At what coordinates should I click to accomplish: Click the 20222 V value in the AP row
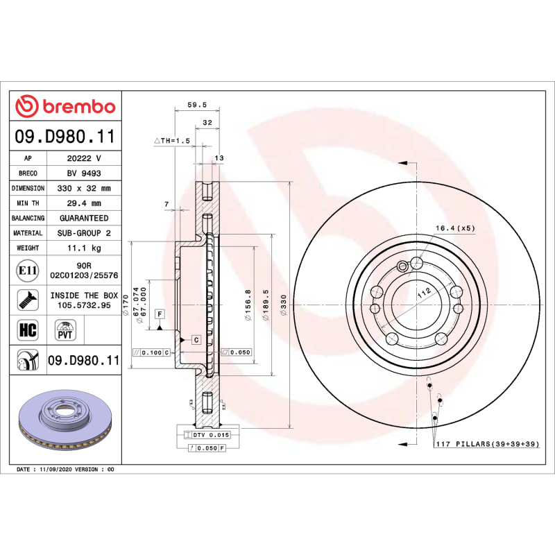pos(83,158)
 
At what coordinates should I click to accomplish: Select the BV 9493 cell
pos(83,173)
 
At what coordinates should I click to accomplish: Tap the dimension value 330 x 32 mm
pos(83,188)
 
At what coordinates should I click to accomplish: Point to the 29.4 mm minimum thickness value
pos(83,203)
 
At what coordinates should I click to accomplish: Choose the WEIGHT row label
pos(28,248)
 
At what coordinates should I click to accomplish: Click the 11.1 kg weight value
pos(83,248)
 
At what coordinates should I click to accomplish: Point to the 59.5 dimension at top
pos(197,105)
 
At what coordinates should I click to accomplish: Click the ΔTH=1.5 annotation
pos(171,140)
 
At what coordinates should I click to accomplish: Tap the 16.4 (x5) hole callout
pos(454,228)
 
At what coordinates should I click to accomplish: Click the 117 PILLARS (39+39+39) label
pos(486,443)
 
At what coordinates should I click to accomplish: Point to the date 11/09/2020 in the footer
pos(55,470)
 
